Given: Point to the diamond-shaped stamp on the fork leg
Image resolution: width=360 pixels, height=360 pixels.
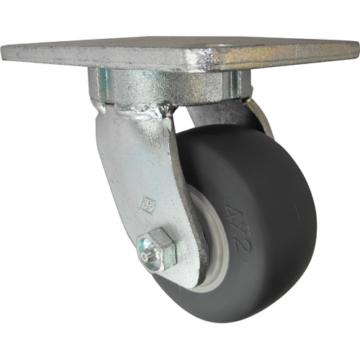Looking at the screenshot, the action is [146, 204].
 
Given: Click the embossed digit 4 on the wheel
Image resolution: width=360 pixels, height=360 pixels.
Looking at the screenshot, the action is [230, 212].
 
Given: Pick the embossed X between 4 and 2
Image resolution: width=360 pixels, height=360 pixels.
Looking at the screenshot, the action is [235, 230].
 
